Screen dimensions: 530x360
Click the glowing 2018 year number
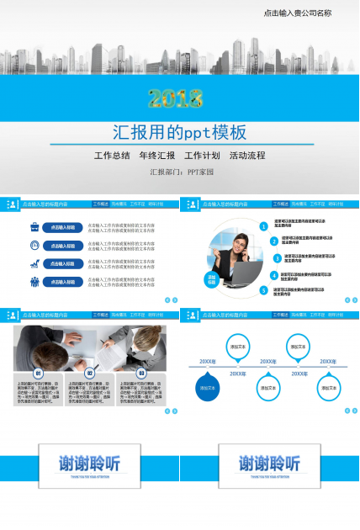click(x=177, y=99)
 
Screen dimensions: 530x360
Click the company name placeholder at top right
click(x=297, y=13)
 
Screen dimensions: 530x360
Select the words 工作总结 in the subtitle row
click(x=112, y=156)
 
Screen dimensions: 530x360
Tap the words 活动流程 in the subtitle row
click(x=247, y=156)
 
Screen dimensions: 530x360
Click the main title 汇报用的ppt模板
click(x=180, y=132)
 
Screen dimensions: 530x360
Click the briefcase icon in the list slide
click(x=34, y=227)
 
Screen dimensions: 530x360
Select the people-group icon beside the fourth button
click(x=34, y=281)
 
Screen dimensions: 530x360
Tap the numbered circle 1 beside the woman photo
click(x=263, y=226)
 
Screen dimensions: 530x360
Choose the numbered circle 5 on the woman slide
click(x=263, y=290)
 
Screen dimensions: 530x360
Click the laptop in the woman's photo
click(x=242, y=274)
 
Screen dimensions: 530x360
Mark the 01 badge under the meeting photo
click(x=38, y=373)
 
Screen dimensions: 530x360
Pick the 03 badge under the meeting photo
click(x=141, y=373)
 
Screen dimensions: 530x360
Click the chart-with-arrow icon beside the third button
click(x=34, y=263)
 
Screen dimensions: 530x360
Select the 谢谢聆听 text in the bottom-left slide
click(x=90, y=464)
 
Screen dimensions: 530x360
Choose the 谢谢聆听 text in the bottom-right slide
click(x=269, y=464)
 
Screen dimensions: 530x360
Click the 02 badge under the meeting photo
click(x=90, y=373)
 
